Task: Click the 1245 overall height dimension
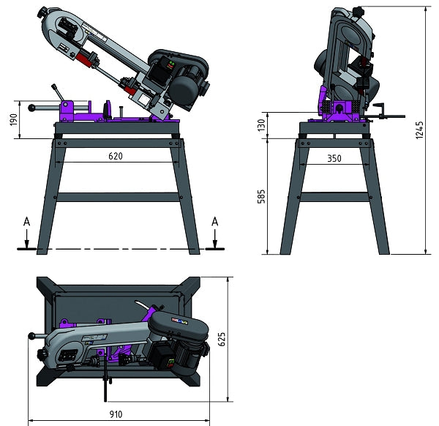pos(419,130)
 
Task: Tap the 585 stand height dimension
pos(261,197)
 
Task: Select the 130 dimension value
pos(261,125)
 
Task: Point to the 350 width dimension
pos(334,159)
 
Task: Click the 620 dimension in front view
pos(116,156)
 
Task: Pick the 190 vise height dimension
pos(13,119)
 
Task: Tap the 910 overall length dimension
pos(116,414)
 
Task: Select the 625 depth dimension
pos(222,339)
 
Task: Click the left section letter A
pos(26,222)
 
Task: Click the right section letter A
pos(214,222)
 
